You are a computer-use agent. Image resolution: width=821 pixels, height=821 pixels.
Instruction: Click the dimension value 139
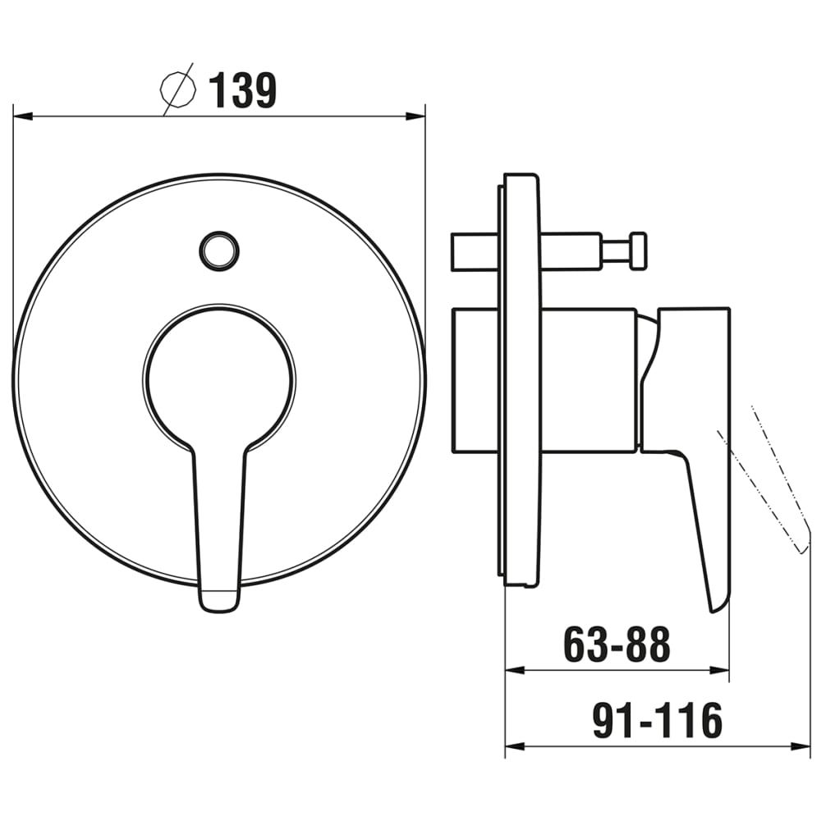point(242,90)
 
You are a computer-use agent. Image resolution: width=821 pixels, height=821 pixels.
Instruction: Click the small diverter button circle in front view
point(219,250)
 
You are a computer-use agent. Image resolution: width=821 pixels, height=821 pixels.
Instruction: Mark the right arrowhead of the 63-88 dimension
point(719,670)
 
